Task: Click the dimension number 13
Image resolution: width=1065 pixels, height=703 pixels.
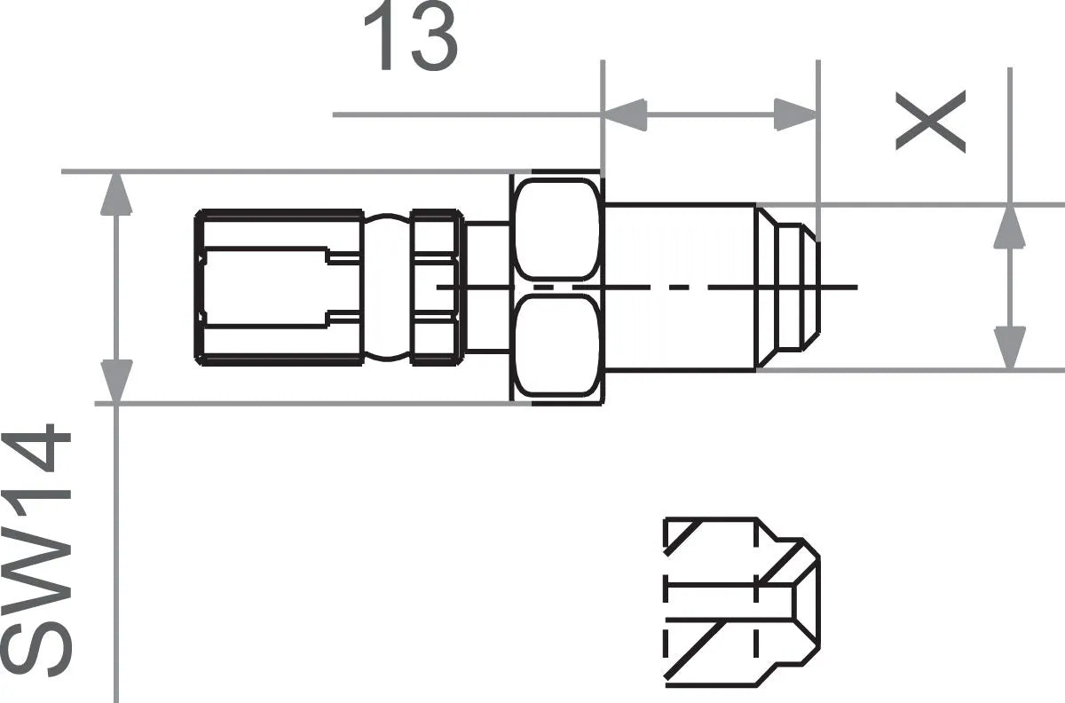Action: click(410, 37)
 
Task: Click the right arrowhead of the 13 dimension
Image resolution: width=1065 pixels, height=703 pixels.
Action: click(795, 115)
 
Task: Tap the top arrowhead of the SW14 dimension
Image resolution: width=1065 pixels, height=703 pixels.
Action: click(116, 194)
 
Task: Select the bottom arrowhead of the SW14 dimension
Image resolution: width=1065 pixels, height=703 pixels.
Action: click(116, 381)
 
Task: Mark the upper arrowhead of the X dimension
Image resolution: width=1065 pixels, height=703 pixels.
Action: click(1009, 227)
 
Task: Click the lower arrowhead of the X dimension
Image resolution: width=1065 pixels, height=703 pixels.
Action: click(1009, 347)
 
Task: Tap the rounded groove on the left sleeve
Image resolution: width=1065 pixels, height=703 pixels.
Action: click(387, 287)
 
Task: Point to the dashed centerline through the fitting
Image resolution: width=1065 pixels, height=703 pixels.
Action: click(710, 287)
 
